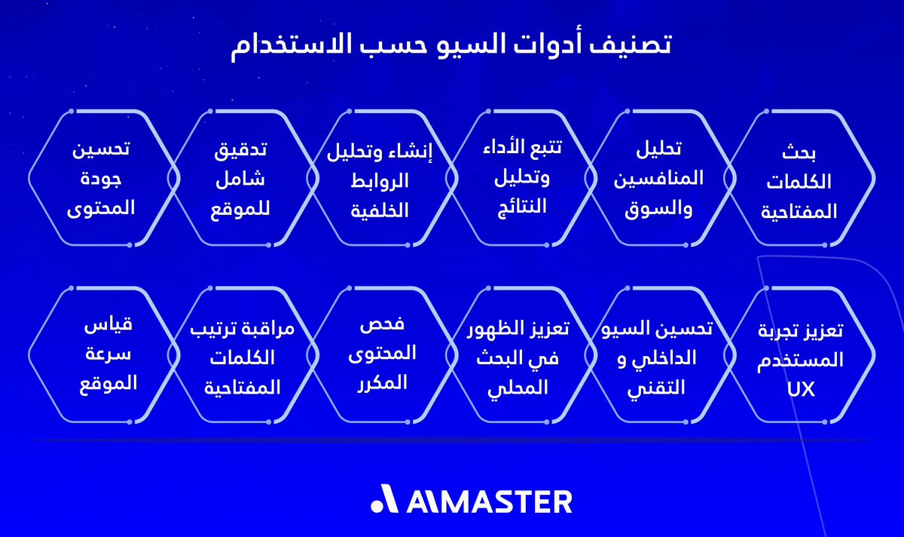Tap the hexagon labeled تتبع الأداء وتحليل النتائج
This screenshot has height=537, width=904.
[x=520, y=179]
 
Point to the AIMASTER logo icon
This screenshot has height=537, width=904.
[x=384, y=501]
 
